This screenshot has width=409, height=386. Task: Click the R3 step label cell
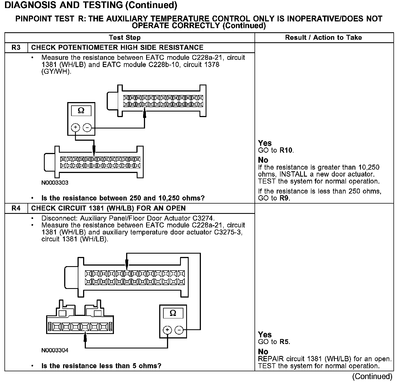[16, 48]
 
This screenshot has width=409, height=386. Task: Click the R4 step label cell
[16, 208]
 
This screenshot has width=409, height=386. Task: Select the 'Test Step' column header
[125, 38]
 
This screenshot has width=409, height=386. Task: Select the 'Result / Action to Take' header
[323, 38]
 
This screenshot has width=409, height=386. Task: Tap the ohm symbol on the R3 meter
[81, 111]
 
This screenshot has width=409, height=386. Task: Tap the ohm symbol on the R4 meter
[173, 313]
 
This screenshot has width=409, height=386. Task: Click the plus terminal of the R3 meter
[76, 128]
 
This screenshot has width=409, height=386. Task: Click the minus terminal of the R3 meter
[87, 128]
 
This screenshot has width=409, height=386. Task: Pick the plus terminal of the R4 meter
[167, 330]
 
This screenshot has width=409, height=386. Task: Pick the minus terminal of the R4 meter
[179, 330]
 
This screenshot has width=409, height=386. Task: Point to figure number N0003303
[55, 183]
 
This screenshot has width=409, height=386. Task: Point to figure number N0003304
[55, 350]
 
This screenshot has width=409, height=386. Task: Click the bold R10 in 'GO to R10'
[286, 150]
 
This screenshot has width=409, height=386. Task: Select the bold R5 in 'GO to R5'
[284, 342]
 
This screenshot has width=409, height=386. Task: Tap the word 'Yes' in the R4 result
[265, 335]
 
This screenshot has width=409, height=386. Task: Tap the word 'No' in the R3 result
[263, 160]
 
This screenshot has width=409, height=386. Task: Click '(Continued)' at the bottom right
[372, 377]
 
